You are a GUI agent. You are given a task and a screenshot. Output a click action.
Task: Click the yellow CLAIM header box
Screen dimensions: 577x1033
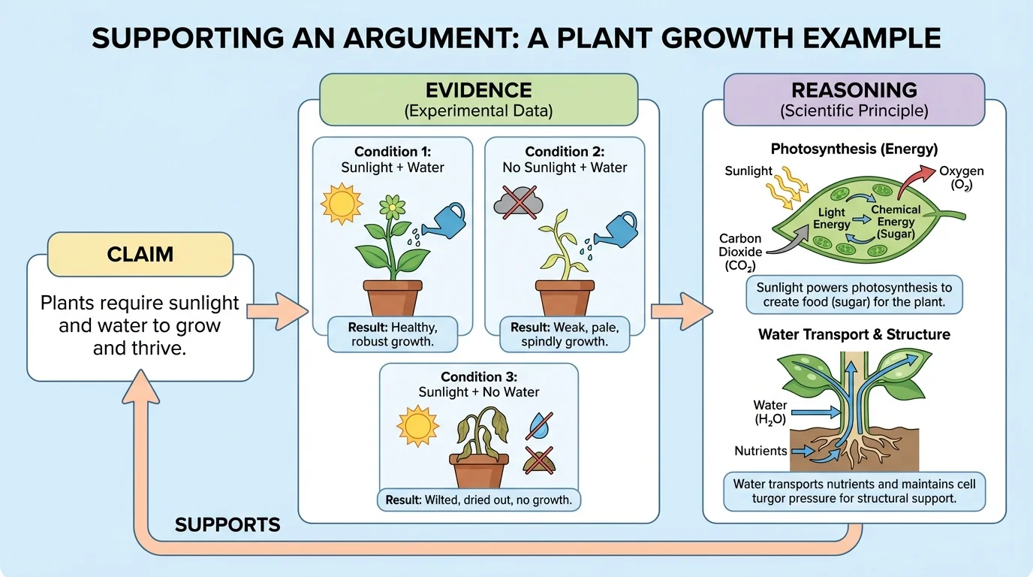click(x=140, y=254)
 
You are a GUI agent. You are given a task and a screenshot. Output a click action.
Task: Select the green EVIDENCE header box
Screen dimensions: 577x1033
click(x=478, y=99)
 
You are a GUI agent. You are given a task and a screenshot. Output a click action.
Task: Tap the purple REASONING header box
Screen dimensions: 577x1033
click(x=854, y=99)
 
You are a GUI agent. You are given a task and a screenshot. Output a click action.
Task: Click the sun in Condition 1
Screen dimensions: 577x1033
click(x=342, y=202)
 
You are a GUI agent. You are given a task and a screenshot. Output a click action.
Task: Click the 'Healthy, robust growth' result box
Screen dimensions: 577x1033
click(x=393, y=334)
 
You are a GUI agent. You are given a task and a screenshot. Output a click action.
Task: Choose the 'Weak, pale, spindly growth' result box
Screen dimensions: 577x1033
click(x=564, y=334)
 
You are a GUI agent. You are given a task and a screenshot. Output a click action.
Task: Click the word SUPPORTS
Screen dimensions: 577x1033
click(x=227, y=524)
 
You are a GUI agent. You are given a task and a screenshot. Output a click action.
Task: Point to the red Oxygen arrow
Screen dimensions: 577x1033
click(x=913, y=185)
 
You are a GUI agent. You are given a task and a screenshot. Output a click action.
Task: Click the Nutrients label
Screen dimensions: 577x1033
click(x=760, y=451)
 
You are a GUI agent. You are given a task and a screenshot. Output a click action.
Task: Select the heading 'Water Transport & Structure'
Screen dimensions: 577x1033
click(x=854, y=334)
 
